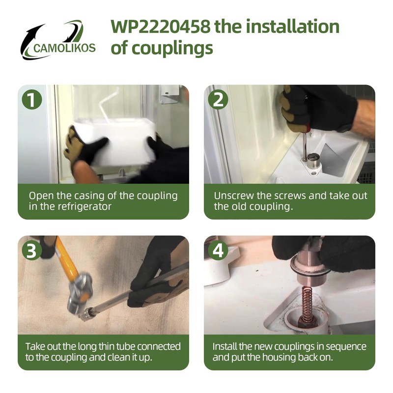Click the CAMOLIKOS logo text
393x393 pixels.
(65, 49)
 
